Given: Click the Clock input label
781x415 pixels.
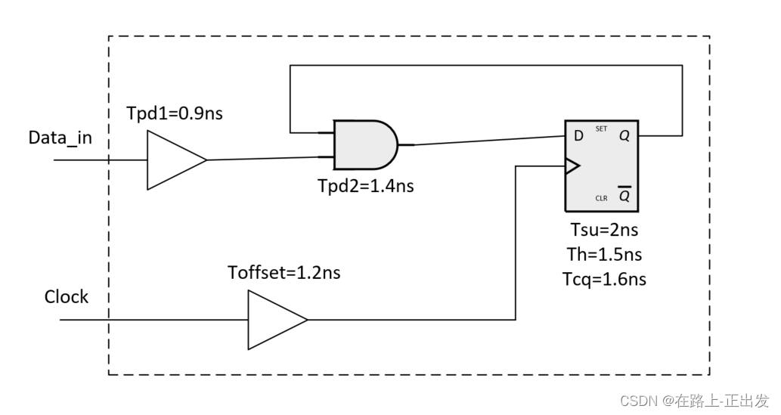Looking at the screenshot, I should point(67,297).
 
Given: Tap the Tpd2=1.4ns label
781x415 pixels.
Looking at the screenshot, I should point(366,186).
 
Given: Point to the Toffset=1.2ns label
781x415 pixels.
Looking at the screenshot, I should point(284,273).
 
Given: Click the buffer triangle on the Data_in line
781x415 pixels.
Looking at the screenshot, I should point(171,159).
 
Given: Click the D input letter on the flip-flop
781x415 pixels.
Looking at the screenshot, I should point(578,136).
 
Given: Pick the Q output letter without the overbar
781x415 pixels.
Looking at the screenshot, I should point(624,136).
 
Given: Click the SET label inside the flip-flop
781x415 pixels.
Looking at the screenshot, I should point(602,129).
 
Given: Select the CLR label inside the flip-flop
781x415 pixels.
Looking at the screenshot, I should point(601,199).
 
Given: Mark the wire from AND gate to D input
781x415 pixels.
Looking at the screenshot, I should point(484,141).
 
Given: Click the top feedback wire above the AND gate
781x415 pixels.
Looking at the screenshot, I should point(484,65).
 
